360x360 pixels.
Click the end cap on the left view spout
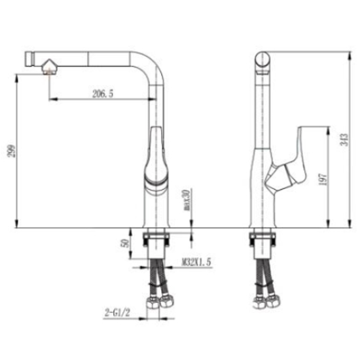pos(28,57)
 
